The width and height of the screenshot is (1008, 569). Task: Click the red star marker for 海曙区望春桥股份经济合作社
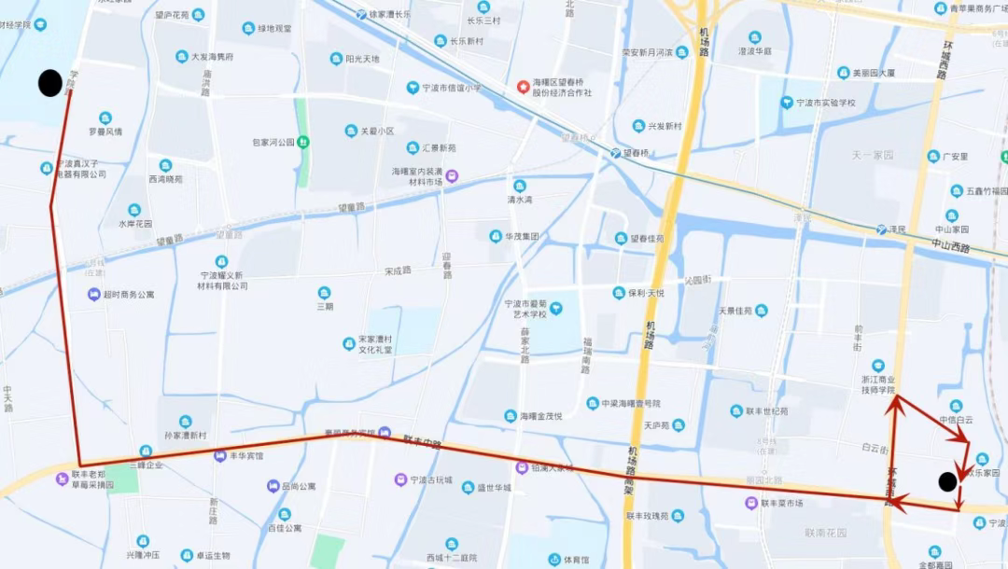(523, 87)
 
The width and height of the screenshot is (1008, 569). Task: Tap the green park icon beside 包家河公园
(303, 142)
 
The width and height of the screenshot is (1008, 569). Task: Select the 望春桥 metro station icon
(615, 152)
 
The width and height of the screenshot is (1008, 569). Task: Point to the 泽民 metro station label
(898, 229)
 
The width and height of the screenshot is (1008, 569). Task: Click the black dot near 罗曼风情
(50, 83)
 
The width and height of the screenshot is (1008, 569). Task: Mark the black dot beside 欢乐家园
(947, 481)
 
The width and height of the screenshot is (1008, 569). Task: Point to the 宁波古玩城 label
(430, 480)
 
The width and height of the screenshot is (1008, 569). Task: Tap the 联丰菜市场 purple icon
(751, 503)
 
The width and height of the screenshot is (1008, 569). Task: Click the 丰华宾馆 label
(246, 456)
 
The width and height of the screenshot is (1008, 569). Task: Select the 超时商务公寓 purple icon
(93, 295)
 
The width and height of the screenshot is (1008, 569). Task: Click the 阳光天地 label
(362, 59)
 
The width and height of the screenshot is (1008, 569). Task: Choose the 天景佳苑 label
(735, 311)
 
